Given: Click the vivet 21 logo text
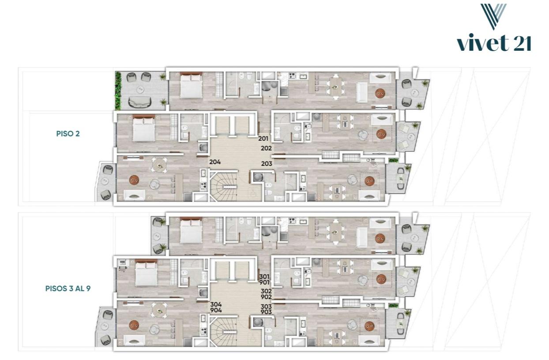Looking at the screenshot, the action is (x=494, y=43).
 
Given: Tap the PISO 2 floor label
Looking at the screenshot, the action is (x=68, y=134).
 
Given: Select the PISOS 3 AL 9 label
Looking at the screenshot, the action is (x=68, y=289).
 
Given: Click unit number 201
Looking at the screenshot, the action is (x=263, y=139).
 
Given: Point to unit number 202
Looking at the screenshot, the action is (x=266, y=148).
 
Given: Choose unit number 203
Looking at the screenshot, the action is (x=267, y=164).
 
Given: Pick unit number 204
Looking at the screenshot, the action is (x=215, y=162).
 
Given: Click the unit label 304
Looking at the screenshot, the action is (x=216, y=304).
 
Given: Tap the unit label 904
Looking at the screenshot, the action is (x=216, y=310).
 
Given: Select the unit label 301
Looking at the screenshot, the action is (x=264, y=277).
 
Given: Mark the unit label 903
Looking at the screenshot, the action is (x=266, y=312).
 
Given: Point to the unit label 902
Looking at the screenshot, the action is (x=266, y=297).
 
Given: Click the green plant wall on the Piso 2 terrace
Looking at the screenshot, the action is (x=118, y=91).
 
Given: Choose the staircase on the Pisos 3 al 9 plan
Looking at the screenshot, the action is (x=223, y=331).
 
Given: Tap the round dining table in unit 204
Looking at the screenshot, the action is (x=160, y=165).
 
